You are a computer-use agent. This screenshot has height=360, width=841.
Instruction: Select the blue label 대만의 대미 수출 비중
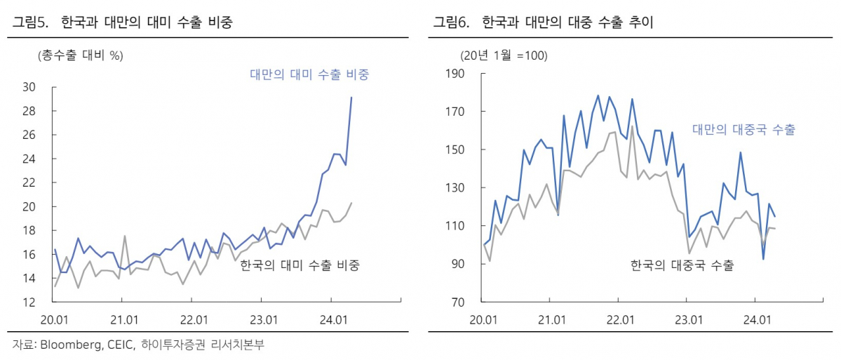[x=309, y=74]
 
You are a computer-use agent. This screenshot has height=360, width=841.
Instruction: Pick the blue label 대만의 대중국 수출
[x=744, y=130]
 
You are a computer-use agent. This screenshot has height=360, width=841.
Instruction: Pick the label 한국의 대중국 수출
[x=682, y=265]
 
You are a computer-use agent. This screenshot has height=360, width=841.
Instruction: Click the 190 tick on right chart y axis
[x=455, y=74]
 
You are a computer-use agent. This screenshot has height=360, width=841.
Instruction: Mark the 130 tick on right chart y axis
[x=455, y=188]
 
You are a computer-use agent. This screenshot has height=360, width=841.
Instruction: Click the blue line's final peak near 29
[x=351, y=98]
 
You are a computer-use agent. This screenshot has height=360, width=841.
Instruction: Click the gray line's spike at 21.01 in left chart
[x=124, y=236]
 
